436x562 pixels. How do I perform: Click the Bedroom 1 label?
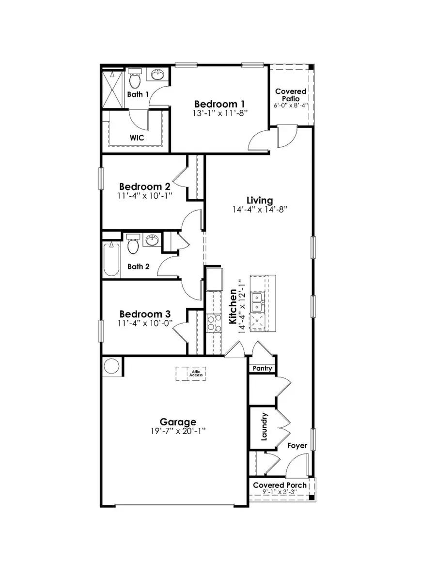click(219, 104)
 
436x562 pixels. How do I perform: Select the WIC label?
click(137, 137)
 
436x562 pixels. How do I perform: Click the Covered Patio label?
click(291, 94)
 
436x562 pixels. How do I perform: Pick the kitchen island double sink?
click(257, 302)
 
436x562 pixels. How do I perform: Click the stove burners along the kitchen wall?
click(214, 323)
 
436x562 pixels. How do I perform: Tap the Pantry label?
click(262, 369)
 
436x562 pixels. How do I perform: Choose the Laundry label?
click(265, 427)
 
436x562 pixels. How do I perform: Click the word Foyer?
click(297, 445)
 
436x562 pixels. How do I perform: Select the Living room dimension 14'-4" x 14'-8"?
click(260, 210)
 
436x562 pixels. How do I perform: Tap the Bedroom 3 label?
click(144, 313)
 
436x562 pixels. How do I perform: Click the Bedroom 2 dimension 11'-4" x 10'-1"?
click(145, 196)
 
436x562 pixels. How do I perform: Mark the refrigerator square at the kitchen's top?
click(214, 279)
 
